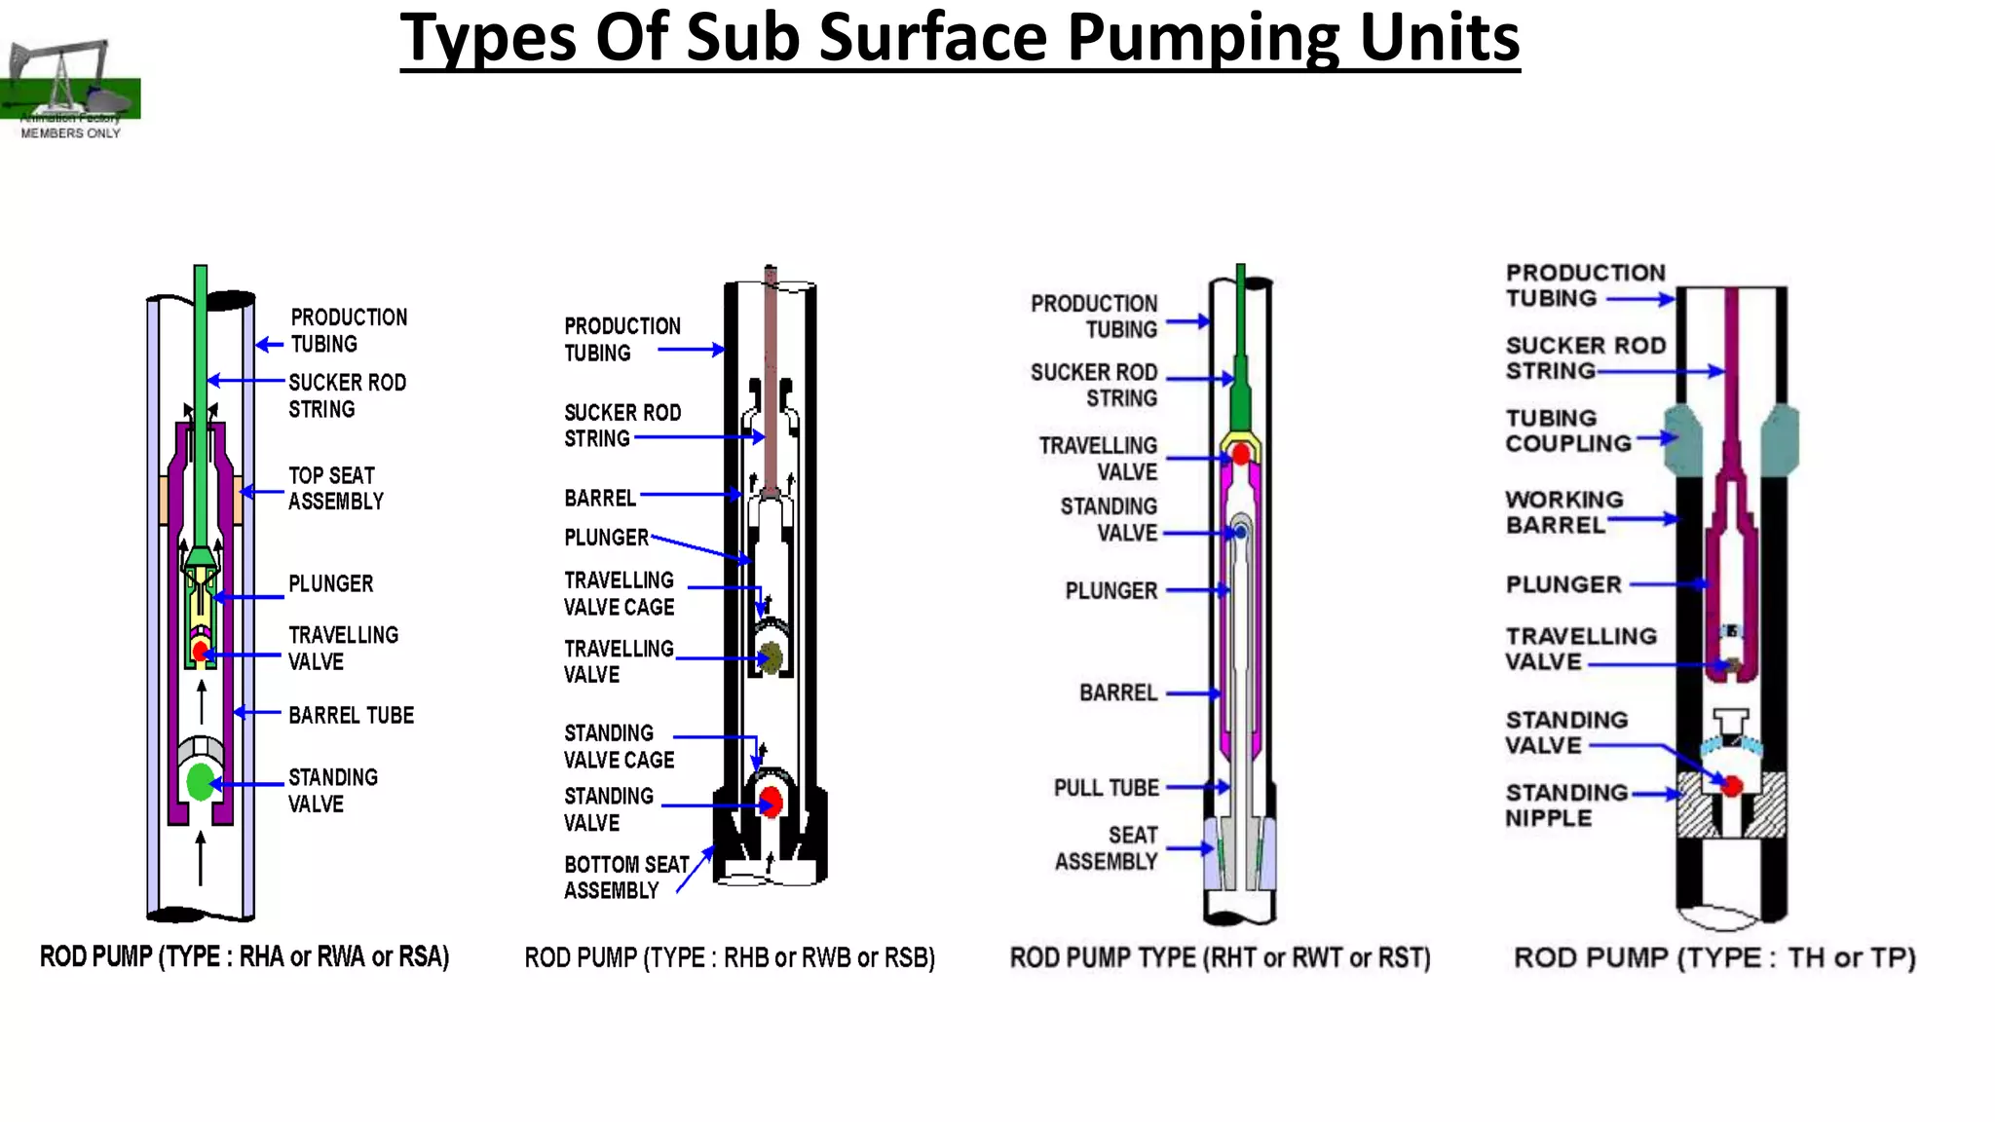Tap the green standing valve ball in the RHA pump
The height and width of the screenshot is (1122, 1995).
coord(201,781)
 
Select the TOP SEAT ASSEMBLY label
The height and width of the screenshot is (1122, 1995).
coord(335,488)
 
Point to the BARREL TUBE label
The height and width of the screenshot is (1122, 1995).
coord(351,716)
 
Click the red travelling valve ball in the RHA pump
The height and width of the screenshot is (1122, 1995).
coord(201,651)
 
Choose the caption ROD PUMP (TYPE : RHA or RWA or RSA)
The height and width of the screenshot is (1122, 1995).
coord(245,956)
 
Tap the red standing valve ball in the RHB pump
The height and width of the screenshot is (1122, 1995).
coord(772,802)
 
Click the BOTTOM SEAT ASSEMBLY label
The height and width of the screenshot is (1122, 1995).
coord(625,878)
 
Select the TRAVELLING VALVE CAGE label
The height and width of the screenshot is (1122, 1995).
coord(620,594)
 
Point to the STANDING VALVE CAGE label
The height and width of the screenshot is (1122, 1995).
coord(620,746)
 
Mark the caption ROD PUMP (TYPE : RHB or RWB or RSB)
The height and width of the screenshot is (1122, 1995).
coord(730,958)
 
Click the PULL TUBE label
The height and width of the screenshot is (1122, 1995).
coord(1107,788)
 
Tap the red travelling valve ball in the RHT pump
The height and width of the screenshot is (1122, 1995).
coord(1241,454)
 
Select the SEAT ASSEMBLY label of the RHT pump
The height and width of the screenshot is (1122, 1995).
coord(1108,848)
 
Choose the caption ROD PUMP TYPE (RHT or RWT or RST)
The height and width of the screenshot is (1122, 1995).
coord(1220,958)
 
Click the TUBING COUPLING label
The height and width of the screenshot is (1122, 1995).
coord(1567,430)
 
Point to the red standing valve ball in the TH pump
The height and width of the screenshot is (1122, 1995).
coord(1732,786)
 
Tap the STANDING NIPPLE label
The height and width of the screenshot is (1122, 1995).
coord(1565,805)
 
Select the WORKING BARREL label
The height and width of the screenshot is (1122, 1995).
coord(1563,512)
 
